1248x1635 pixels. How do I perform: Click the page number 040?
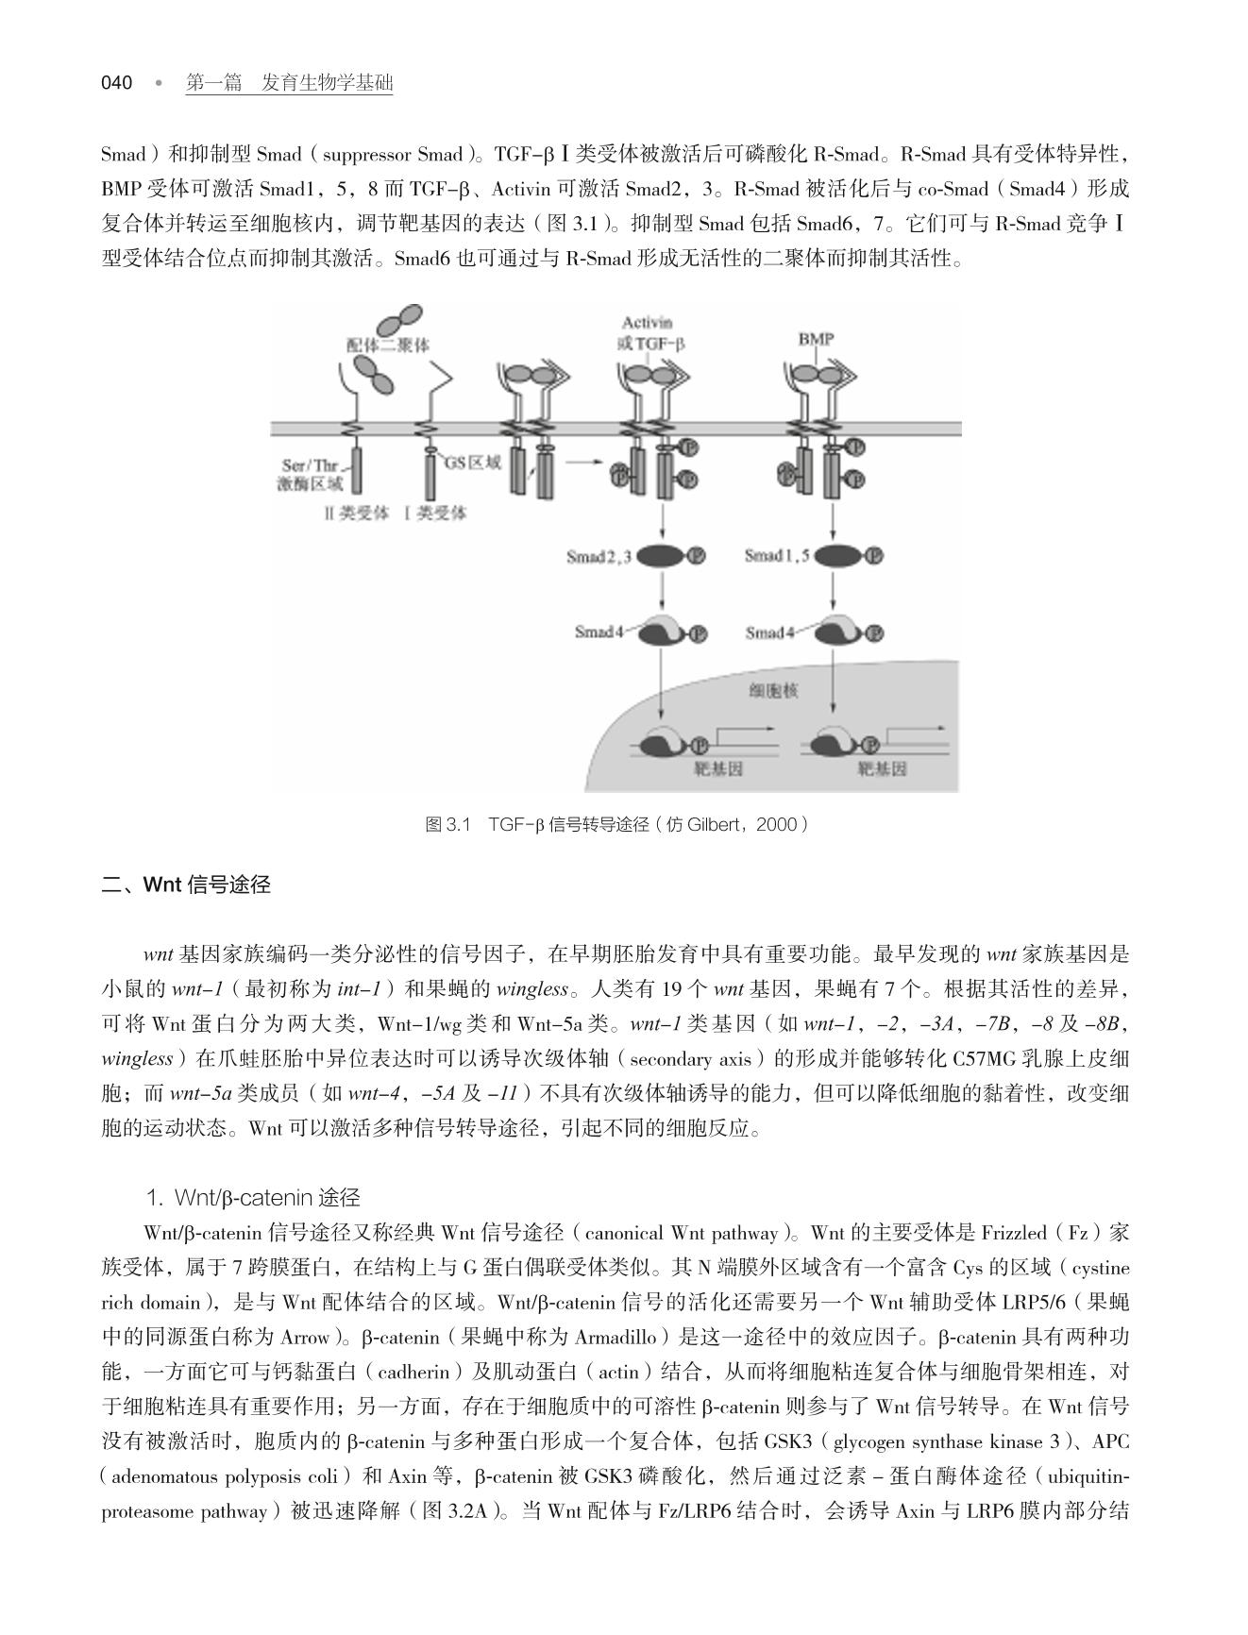coord(117,83)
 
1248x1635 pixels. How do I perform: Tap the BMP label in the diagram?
coord(816,339)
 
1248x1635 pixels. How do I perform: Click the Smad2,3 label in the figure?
coord(599,556)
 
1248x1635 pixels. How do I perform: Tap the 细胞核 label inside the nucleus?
coord(774,691)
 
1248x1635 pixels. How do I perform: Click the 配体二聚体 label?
coord(388,346)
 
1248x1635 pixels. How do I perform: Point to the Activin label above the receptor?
coord(647,324)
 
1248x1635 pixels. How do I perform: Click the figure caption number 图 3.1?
coord(447,825)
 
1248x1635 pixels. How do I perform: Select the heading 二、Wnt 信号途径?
coord(186,885)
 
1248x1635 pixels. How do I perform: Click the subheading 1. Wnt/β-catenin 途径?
coord(253,1198)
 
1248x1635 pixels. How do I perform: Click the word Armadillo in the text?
coord(616,1338)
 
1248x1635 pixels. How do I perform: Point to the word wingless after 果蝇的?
coord(531,989)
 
